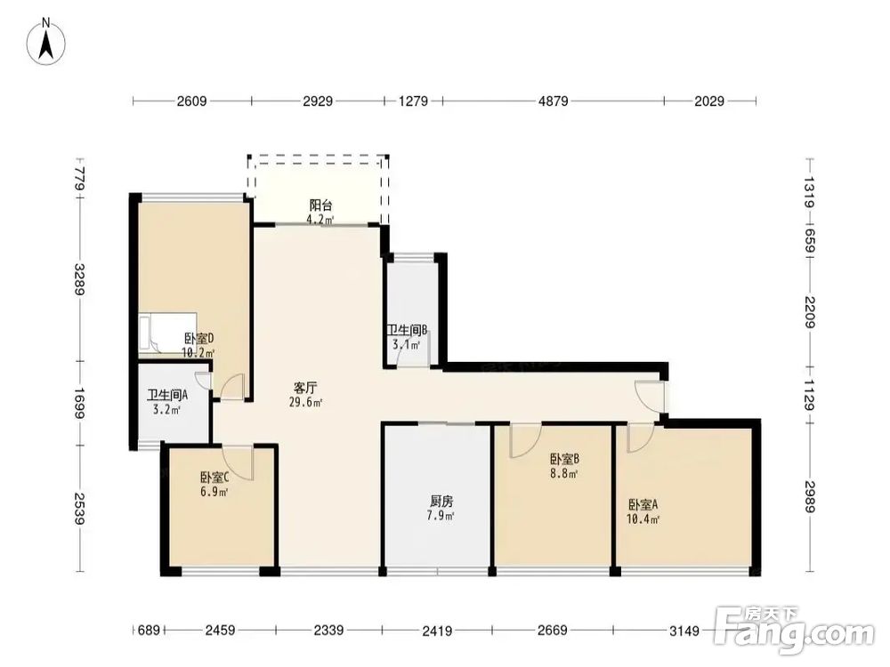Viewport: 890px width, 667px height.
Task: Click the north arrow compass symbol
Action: click(x=46, y=41)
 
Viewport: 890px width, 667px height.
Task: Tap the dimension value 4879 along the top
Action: click(x=553, y=101)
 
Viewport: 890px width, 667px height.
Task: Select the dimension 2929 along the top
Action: click(x=318, y=101)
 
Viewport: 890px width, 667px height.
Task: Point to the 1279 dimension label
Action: click(x=413, y=101)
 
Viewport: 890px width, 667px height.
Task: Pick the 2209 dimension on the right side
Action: click(x=809, y=312)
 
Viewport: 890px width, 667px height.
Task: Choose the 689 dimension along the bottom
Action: click(x=150, y=631)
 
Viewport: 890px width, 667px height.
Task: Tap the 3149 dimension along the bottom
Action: click(x=684, y=631)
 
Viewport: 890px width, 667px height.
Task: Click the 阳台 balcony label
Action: click(x=320, y=205)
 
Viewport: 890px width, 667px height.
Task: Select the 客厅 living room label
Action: click(x=305, y=389)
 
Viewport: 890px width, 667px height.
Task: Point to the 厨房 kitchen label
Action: click(x=441, y=502)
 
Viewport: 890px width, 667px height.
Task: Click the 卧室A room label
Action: click(x=643, y=504)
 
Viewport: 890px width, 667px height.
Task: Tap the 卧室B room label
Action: click(x=564, y=458)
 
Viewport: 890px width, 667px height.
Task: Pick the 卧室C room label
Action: click(x=214, y=478)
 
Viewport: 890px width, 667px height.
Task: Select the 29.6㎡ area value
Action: click(x=306, y=403)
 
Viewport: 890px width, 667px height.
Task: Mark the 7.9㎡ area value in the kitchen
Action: click(x=441, y=516)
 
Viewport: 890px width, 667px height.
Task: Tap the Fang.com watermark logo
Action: click(x=794, y=631)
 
